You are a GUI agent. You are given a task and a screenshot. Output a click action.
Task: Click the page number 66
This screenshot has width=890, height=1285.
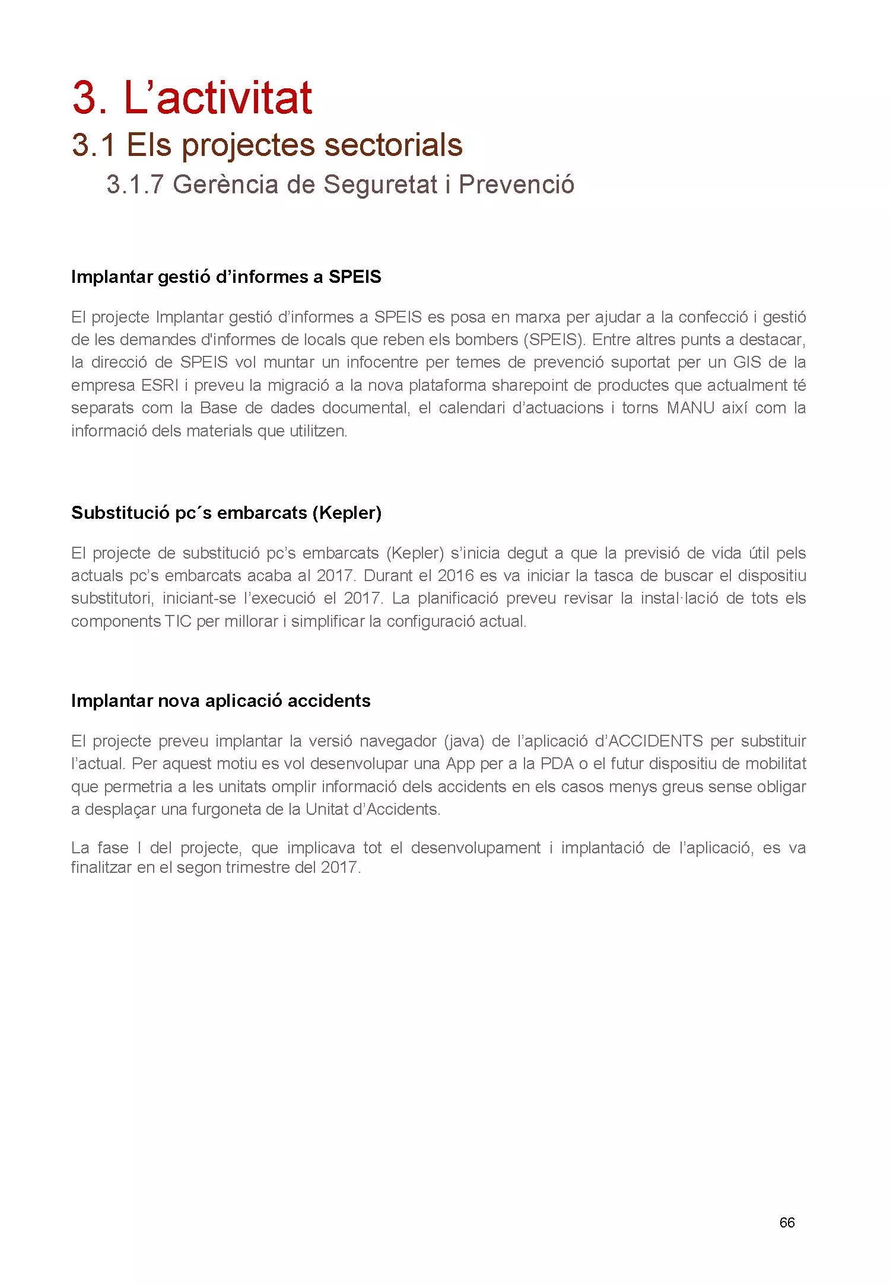pyautogui.click(x=787, y=1222)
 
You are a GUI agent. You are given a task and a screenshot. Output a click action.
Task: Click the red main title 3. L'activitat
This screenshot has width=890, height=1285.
pyautogui.click(x=192, y=98)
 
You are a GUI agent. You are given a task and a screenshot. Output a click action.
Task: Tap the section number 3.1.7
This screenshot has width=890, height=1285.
pyautogui.click(x=134, y=185)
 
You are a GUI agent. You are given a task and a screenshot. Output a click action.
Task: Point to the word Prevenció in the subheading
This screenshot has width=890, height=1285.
pyautogui.click(x=516, y=185)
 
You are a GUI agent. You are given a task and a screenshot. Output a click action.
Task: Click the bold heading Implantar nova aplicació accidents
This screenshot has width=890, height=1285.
pyautogui.click(x=221, y=700)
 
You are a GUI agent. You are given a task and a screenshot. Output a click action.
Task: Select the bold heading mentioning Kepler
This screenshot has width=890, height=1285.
pyautogui.click(x=226, y=512)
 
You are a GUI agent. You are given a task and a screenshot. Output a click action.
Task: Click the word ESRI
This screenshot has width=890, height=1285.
pyautogui.click(x=160, y=385)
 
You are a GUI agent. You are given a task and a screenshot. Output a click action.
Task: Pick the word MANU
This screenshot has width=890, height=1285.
pyautogui.click(x=690, y=408)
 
